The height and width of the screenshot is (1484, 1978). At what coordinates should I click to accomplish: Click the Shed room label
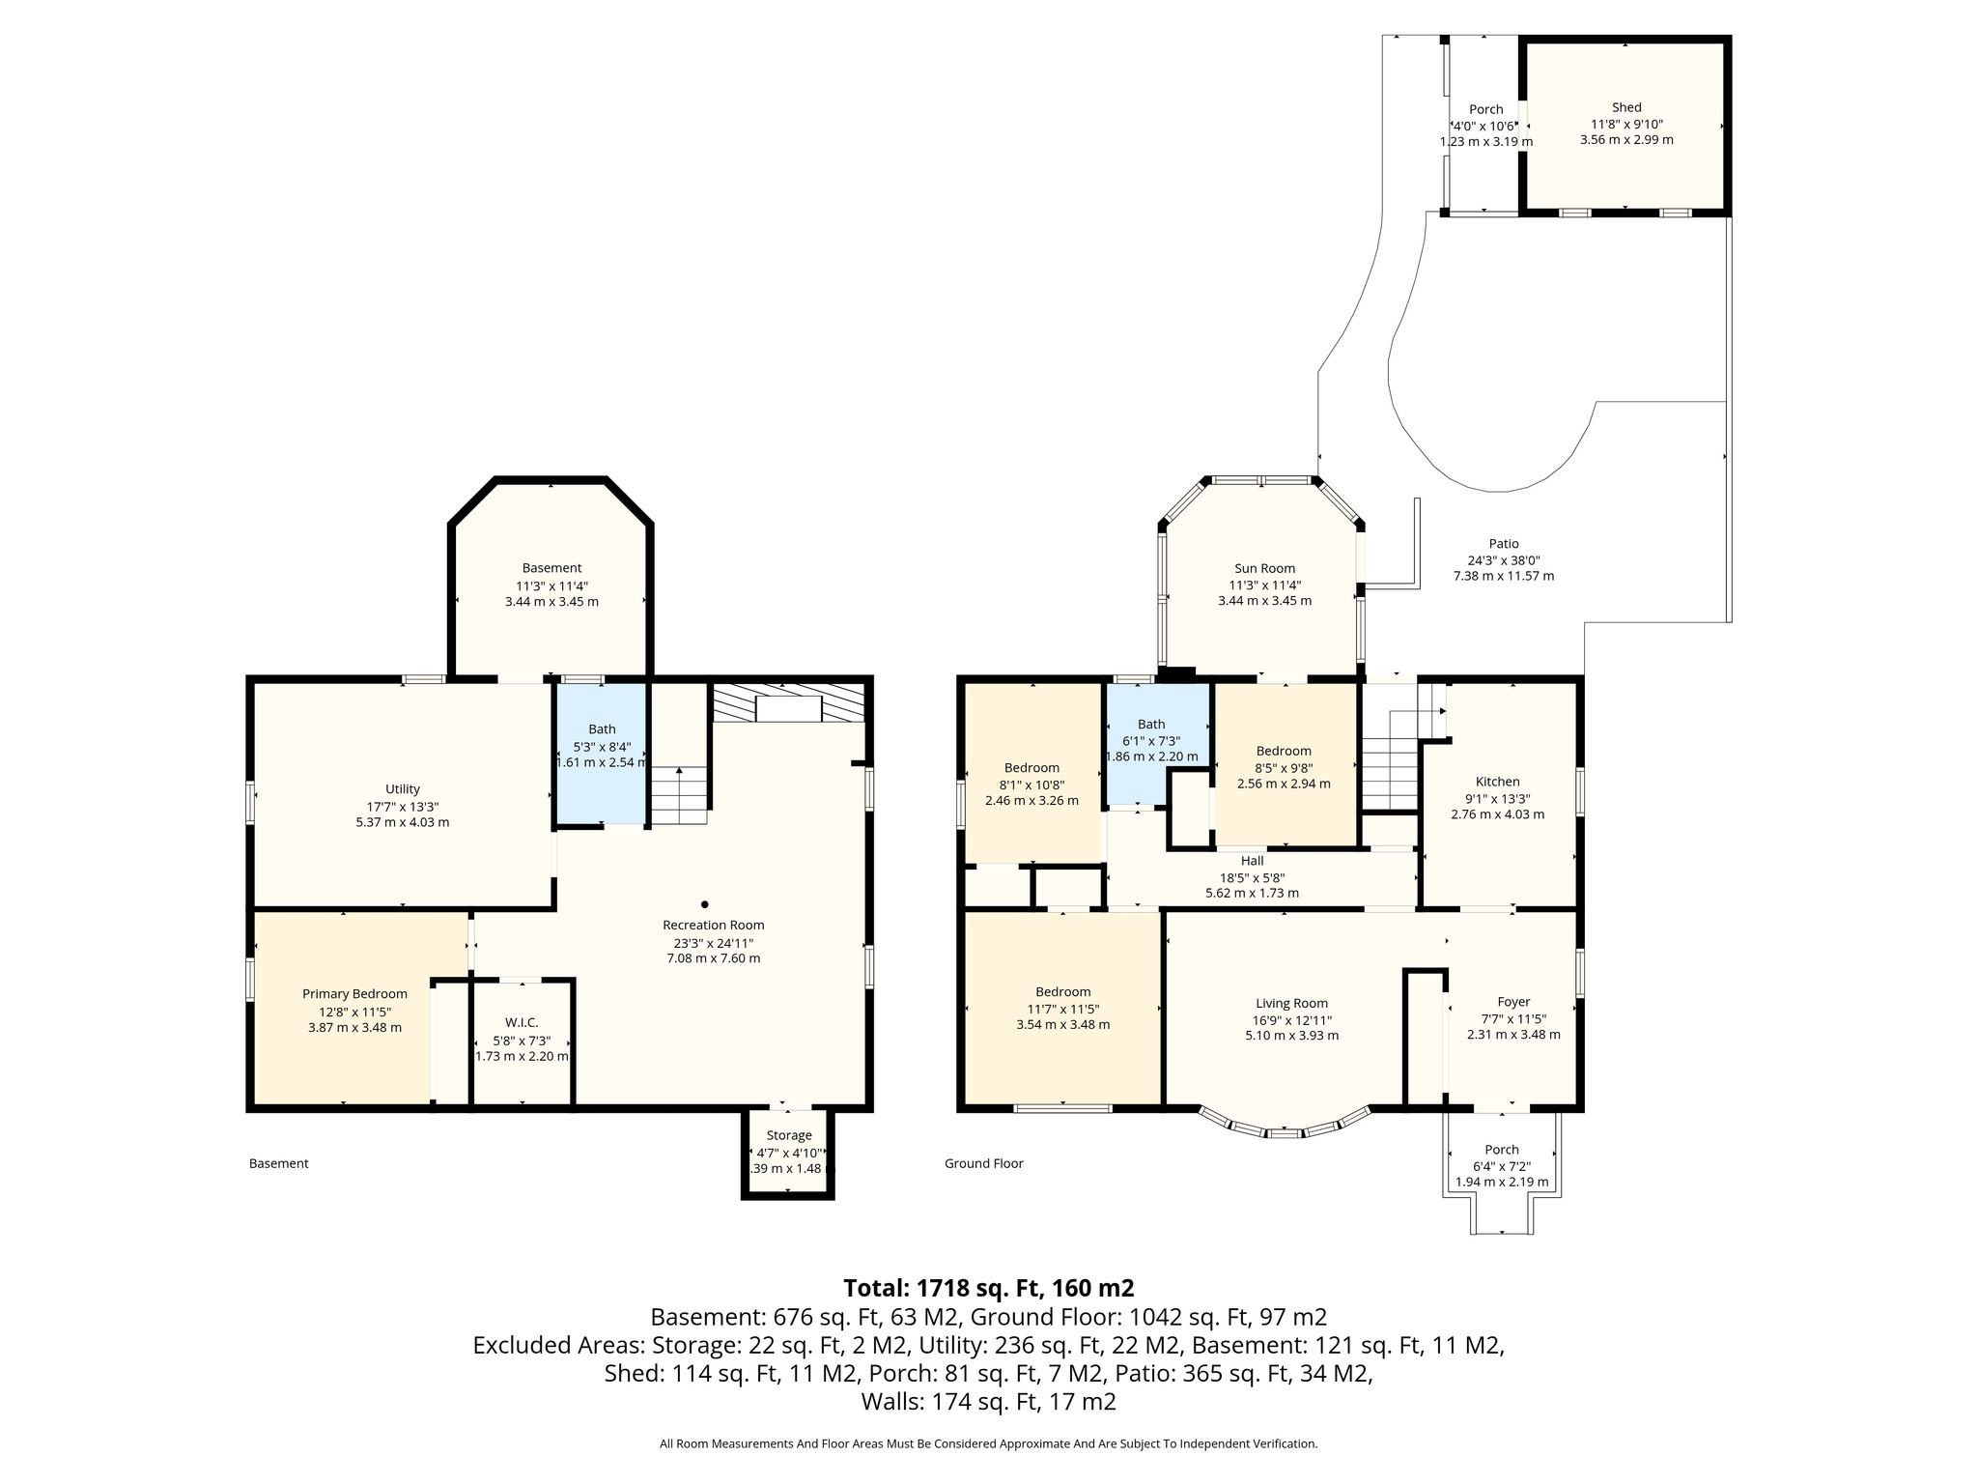[1626, 107]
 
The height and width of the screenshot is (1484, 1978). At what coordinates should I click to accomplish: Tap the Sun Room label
[1264, 568]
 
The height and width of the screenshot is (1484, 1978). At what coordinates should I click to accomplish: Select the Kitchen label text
[1497, 782]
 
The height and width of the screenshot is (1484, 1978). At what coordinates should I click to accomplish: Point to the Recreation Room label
[713, 925]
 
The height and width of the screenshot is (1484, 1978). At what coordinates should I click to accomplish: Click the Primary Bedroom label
[354, 994]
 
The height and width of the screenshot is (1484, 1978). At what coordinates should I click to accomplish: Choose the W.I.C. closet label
[522, 1022]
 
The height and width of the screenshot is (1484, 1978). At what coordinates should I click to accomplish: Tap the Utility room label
[402, 789]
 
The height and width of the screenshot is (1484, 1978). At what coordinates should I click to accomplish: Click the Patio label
[1504, 544]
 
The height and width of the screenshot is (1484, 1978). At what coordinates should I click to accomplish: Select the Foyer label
[1513, 1002]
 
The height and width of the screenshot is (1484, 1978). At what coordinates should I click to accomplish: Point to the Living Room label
[1291, 1003]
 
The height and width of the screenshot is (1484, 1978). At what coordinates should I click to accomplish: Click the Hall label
[1252, 861]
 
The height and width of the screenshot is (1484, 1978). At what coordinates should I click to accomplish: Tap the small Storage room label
[789, 1135]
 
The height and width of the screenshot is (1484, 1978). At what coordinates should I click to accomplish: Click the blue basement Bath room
[601, 755]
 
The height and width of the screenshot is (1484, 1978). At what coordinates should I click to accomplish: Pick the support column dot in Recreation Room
[705, 904]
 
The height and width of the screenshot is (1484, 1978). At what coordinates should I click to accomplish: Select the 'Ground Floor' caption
[983, 1163]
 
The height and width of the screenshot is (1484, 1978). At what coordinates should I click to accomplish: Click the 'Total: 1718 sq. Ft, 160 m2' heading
[988, 1288]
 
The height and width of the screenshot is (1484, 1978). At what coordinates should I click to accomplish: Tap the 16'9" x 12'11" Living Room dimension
[1291, 1019]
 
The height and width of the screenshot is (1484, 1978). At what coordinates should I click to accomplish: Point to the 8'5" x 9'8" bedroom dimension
[1284, 767]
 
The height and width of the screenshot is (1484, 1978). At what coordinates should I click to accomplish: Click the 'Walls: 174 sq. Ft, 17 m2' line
[988, 1402]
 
